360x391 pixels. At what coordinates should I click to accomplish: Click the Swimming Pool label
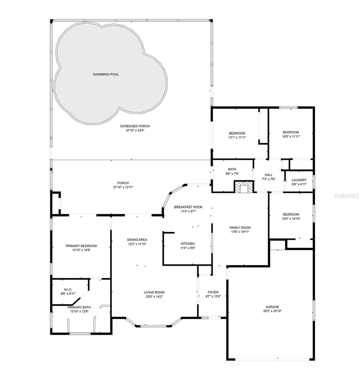[x=106, y=74]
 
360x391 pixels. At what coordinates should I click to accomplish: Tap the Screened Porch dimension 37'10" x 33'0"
[x=135, y=130]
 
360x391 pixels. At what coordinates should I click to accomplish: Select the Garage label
[x=272, y=307]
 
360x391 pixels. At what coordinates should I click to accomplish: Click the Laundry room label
[x=299, y=180]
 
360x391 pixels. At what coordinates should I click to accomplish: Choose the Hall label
[x=269, y=175]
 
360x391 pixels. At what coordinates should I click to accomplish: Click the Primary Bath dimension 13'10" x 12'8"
[x=79, y=311]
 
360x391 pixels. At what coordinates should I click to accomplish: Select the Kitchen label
[x=188, y=244]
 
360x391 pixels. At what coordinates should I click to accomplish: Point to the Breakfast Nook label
[x=188, y=207]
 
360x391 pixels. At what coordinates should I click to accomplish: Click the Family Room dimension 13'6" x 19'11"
[x=240, y=232]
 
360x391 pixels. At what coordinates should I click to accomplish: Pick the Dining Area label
[x=137, y=239]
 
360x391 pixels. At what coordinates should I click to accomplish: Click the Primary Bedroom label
[x=81, y=246]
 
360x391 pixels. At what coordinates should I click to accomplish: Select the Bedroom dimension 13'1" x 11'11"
[x=237, y=137]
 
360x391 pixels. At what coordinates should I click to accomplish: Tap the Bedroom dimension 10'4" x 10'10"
[x=291, y=219]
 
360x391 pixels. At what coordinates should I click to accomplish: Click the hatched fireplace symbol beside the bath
[x=243, y=186]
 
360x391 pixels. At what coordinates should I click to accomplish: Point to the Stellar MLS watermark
[x=347, y=195]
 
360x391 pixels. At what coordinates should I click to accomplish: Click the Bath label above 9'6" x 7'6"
[x=232, y=169]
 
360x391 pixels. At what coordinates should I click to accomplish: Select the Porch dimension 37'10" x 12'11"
[x=123, y=187]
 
